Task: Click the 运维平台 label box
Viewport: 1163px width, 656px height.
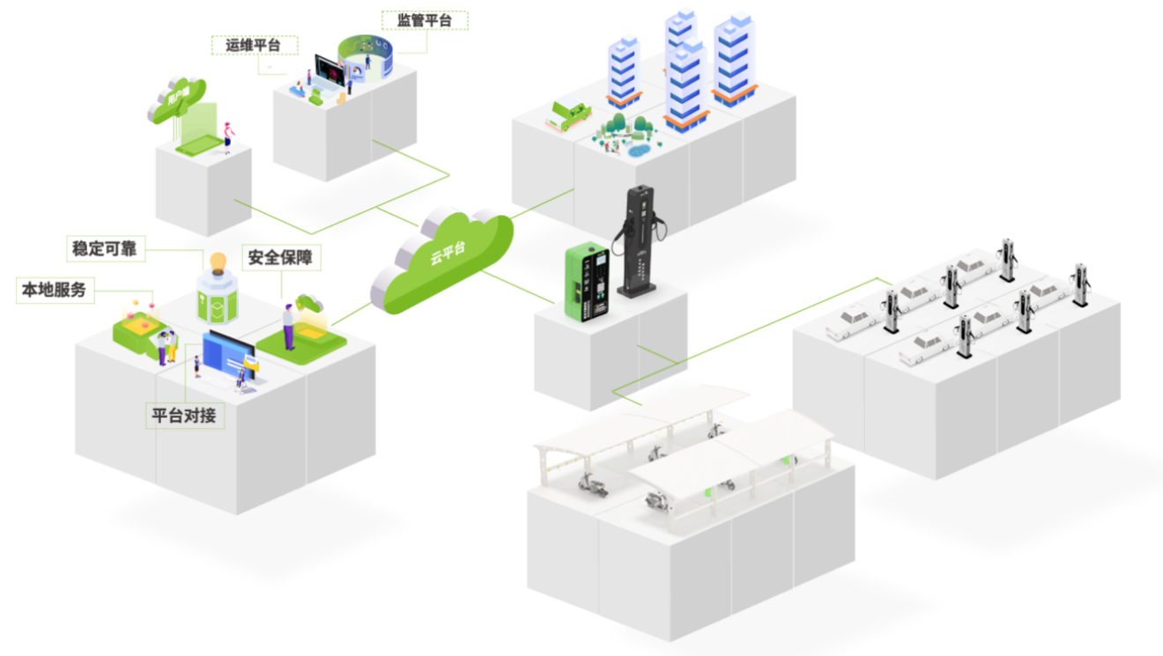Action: pos(254,46)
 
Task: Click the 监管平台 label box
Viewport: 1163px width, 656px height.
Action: pos(425,21)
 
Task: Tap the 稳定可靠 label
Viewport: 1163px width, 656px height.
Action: pos(106,248)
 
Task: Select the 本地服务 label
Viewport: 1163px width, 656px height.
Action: pos(56,291)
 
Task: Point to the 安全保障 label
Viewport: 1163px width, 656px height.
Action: pos(280,258)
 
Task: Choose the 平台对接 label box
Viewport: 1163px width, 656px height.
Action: pos(184,416)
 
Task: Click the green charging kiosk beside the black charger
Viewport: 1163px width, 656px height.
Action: pos(587,279)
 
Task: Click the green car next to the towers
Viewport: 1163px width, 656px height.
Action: pos(569,114)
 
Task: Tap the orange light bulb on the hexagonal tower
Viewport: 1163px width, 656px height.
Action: pos(216,261)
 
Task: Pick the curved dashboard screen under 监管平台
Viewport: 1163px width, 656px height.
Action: pos(363,57)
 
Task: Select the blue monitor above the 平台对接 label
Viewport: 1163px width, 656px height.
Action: pos(226,352)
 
